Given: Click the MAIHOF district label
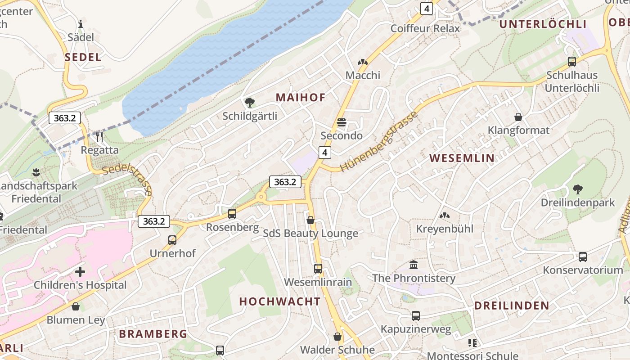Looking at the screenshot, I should tap(300, 98).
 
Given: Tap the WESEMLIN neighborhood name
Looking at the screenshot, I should tap(462, 158).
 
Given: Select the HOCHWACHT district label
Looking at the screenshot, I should tap(280, 301).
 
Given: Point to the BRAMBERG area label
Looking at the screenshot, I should tap(153, 334).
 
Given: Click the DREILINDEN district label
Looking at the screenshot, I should tap(512, 306).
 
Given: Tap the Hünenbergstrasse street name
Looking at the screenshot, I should tap(379, 141).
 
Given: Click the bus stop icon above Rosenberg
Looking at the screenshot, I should tap(232, 214).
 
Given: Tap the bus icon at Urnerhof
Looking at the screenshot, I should tap(172, 240).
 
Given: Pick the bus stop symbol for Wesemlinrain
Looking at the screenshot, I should tap(318, 269).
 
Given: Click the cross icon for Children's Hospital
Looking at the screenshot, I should tap(80, 272).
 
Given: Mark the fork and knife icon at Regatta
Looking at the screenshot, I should tap(99, 136).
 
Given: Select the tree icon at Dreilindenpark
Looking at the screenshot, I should tap(577, 189).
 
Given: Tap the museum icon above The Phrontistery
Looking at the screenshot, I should tap(414, 265).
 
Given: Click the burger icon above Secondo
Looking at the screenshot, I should tap(342, 122).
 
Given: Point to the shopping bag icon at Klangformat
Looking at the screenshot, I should tap(518, 117).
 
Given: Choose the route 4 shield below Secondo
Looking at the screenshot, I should tap(325, 153).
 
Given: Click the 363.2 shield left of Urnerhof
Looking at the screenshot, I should tap(154, 221).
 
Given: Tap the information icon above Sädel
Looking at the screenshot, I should tap(81, 24).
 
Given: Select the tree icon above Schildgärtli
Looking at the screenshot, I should tap(250, 103).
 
